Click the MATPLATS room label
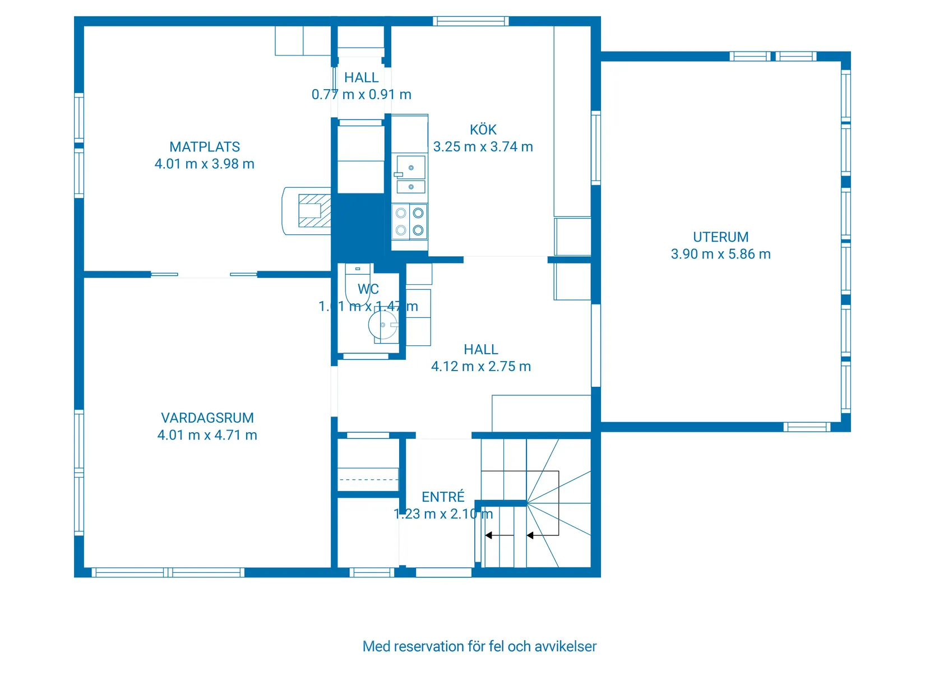click(205, 147)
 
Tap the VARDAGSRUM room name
click(207, 418)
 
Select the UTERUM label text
click(720, 237)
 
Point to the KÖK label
click(483, 130)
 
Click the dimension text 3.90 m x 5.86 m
click(720, 254)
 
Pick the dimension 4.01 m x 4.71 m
click(207, 435)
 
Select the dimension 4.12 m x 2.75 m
click(481, 367)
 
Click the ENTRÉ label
click(443, 497)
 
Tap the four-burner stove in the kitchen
click(409, 221)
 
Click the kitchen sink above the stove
click(410, 174)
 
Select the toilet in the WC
click(358, 283)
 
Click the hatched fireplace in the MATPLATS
click(313, 210)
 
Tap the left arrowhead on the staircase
click(489, 535)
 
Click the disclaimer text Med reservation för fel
click(479, 646)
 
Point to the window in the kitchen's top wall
click(470, 21)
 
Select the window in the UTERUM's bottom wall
click(807, 427)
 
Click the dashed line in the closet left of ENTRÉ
click(368, 479)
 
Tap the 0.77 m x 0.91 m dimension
click(362, 95)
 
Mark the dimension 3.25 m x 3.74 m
click(483, 147)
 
